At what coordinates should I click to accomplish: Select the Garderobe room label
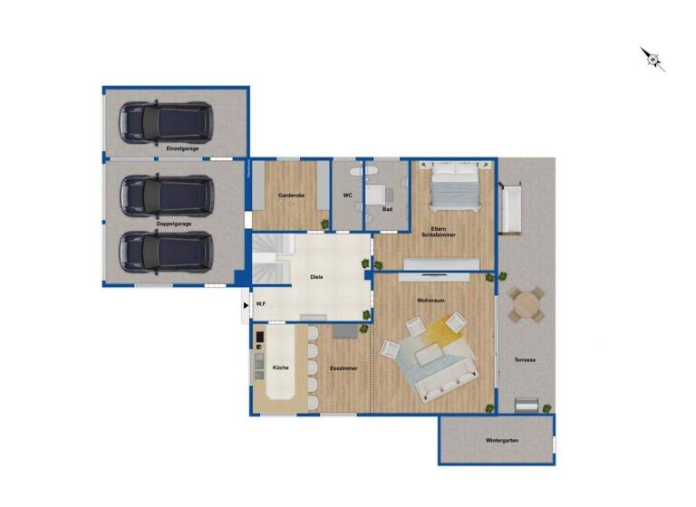click(290, 196)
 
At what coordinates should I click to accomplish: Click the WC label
click(347, 196)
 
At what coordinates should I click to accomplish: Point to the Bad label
click(387, 209)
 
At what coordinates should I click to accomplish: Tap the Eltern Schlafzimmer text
click(438, 232)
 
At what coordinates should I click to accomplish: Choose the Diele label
click(316, 277)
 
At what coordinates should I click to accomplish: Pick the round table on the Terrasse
click(526, 306)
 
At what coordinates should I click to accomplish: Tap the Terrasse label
click(525, 359)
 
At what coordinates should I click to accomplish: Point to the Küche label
click(280, 368)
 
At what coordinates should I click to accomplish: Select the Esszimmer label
click(343, 368)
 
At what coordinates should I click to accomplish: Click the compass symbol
click(652, 59)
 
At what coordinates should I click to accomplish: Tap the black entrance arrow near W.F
click(246, 306)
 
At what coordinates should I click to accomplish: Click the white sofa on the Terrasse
click(511, 207)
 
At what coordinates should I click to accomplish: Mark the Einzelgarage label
click(182, 148)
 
